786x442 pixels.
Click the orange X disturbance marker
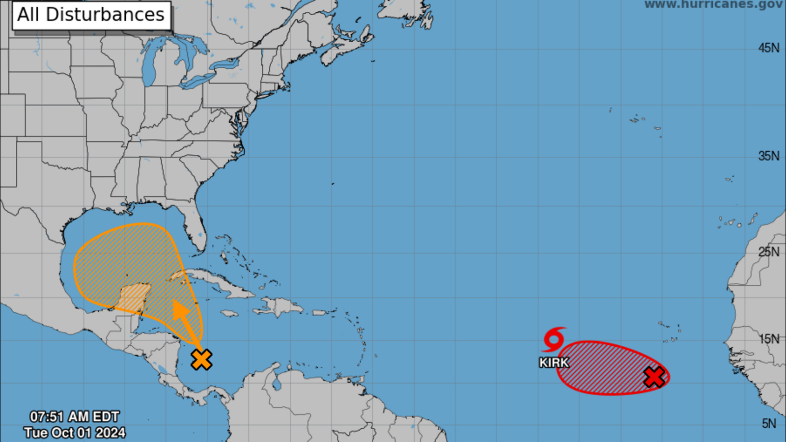point(201,359)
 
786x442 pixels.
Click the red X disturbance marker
point(654,377)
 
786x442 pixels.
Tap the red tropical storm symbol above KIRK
point(554,339)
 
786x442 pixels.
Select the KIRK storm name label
point(554,362)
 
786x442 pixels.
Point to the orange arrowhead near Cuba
point(180,310)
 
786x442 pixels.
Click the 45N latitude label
point(769,48)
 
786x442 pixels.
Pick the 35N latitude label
point(769,156)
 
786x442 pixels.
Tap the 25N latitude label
point(769,252)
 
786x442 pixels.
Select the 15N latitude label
point(769,339)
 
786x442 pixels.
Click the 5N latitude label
point(769,423)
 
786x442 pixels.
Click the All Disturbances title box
point(91,15)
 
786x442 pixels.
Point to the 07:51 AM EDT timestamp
point(75,416)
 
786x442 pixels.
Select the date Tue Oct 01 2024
point(75,433)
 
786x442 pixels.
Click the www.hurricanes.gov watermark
point(713,4)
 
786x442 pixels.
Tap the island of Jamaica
point(229,313)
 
